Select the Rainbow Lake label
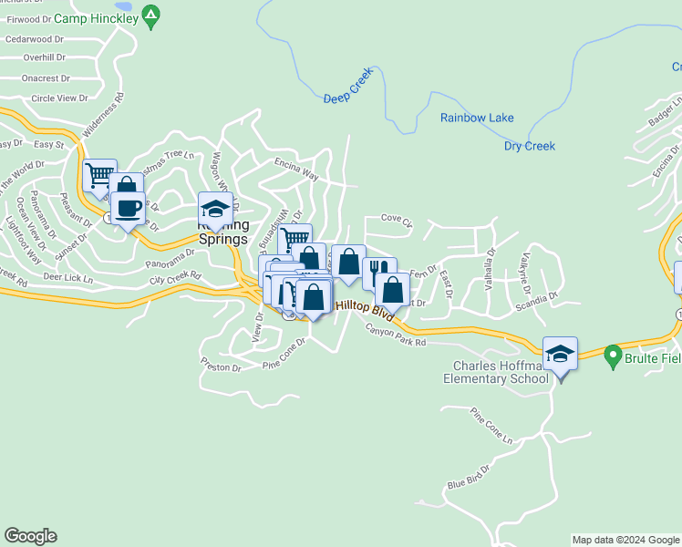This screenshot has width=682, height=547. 477,118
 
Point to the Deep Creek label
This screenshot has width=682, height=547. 349,98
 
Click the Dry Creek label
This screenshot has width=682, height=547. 529,146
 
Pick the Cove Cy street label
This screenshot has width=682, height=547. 397,221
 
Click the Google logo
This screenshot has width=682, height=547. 30,536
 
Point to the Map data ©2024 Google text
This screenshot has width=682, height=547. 625,540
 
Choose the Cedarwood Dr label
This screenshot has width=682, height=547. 35,39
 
